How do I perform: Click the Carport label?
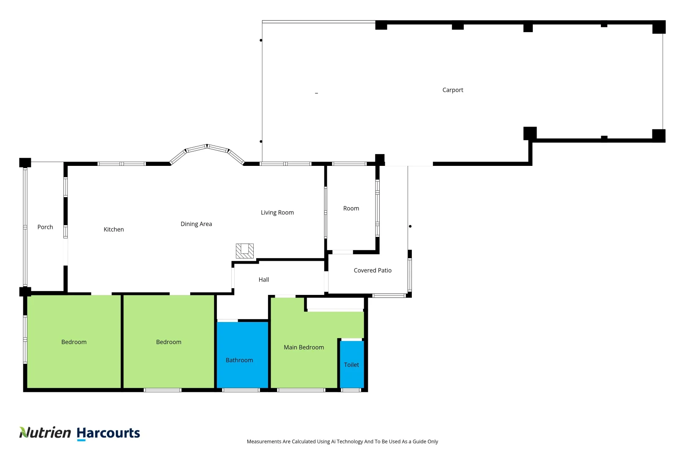point(452,90)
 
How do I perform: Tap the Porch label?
point(45,227)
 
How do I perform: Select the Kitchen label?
point(114,229)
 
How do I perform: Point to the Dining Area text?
point(196,224)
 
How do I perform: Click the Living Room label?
point(277,212)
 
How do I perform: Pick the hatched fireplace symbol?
point(244,251)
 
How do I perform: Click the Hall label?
point(263,280)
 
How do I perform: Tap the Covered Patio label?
point(373,270)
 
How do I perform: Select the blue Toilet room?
point(351,365)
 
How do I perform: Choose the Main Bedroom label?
point(304,347)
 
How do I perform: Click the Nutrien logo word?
point(45,432)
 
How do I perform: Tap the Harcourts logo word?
point(108,433)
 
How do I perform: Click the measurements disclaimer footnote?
point(342,441)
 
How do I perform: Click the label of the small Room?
point(351,208)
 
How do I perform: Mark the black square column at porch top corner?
point(25,162)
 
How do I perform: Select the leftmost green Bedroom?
point(74,342)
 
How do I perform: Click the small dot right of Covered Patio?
point(410,226)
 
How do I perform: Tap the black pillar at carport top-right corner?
point(658,27)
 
